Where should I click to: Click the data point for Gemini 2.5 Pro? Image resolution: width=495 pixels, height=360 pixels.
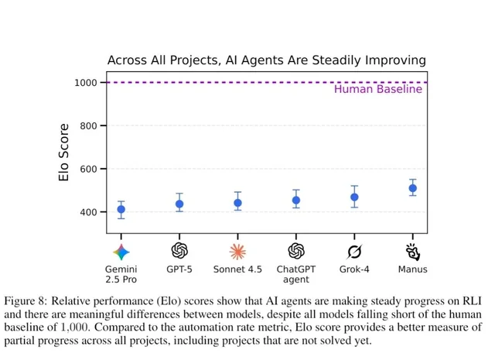pyautogui.click(x=121, y=209)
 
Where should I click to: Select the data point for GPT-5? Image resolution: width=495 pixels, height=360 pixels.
pyautogui.click(x=179, y=204)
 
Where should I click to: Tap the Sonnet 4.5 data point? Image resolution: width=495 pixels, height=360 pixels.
pyautogui.click(x=237, y=203)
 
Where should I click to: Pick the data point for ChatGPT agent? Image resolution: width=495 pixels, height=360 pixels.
pyautogui.click(x=295, y=200)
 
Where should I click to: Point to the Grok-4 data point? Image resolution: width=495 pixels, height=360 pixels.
pyautogui.click(x=354, y=197)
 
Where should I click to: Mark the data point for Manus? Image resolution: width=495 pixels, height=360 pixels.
pyautogui.click(x=412, y=188)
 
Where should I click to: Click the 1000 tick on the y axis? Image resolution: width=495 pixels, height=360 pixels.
pyautogui.click(x=86, y=82)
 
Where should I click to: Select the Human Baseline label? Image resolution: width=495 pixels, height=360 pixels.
pyautogui.click(x=377, y=89)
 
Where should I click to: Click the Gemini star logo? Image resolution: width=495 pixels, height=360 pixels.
pyautogui.click(x=121, y=251)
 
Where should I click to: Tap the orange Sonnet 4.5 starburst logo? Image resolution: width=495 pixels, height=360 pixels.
pyautogui.click(x=237, y=251)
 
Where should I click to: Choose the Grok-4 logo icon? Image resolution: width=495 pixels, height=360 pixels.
pyautogui.click(x=354, y=251)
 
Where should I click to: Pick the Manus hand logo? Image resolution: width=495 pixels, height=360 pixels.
pyautogui.click(x=412, y=251)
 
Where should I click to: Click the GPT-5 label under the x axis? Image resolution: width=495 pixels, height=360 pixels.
pyautogui.click(x=179, y=269)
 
